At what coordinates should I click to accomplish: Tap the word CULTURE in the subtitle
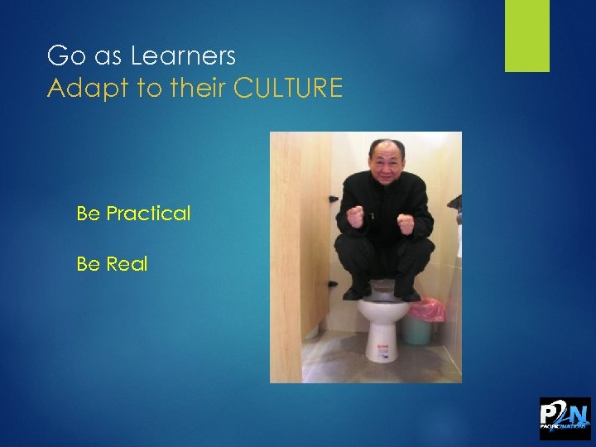click(x=288, y=89)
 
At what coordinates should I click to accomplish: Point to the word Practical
click(x=148, y=214)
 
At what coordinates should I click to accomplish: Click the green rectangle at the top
click(x=527, y=36)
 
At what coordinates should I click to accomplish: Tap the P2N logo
click(x=565, y=418)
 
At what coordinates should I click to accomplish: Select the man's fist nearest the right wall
click(x=406, y=223)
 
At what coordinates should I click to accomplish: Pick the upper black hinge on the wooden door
click(x=331, y=199)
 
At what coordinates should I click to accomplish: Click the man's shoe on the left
click(x=355, y=292)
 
